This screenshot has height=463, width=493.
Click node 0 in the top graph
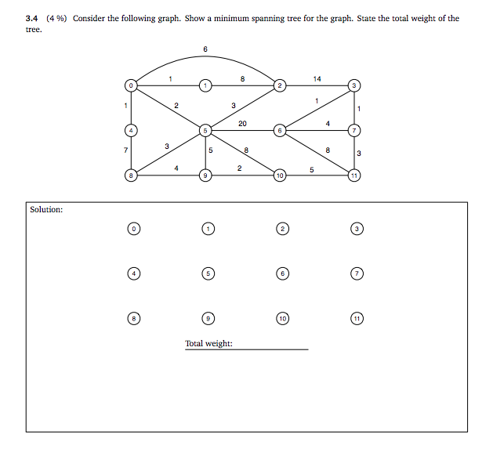(x=132, y=85)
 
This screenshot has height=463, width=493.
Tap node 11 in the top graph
(x=356, y=175)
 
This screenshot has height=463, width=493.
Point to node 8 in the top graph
(x=132, y=175)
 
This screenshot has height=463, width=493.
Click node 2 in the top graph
(x=280, y=85)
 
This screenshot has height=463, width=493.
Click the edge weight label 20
(x=242, y=124)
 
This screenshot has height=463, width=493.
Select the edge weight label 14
(x=317, y=78)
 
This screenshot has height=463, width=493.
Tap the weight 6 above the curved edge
(x=205, y=49)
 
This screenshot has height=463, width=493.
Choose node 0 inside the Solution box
(x=134, y=229)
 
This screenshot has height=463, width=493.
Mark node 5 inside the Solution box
(x=208, y=274)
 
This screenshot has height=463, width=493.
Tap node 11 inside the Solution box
(x=357, y=320)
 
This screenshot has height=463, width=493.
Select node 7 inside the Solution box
(x=357, y=274)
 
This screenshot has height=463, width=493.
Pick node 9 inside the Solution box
(x=208, y=320)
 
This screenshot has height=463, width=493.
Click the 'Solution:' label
(x=46, y=210)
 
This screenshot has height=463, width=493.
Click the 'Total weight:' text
(x=208, y=343)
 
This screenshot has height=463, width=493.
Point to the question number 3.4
(x=32, y=18)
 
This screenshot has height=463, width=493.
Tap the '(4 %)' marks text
(x=56, y=18)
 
